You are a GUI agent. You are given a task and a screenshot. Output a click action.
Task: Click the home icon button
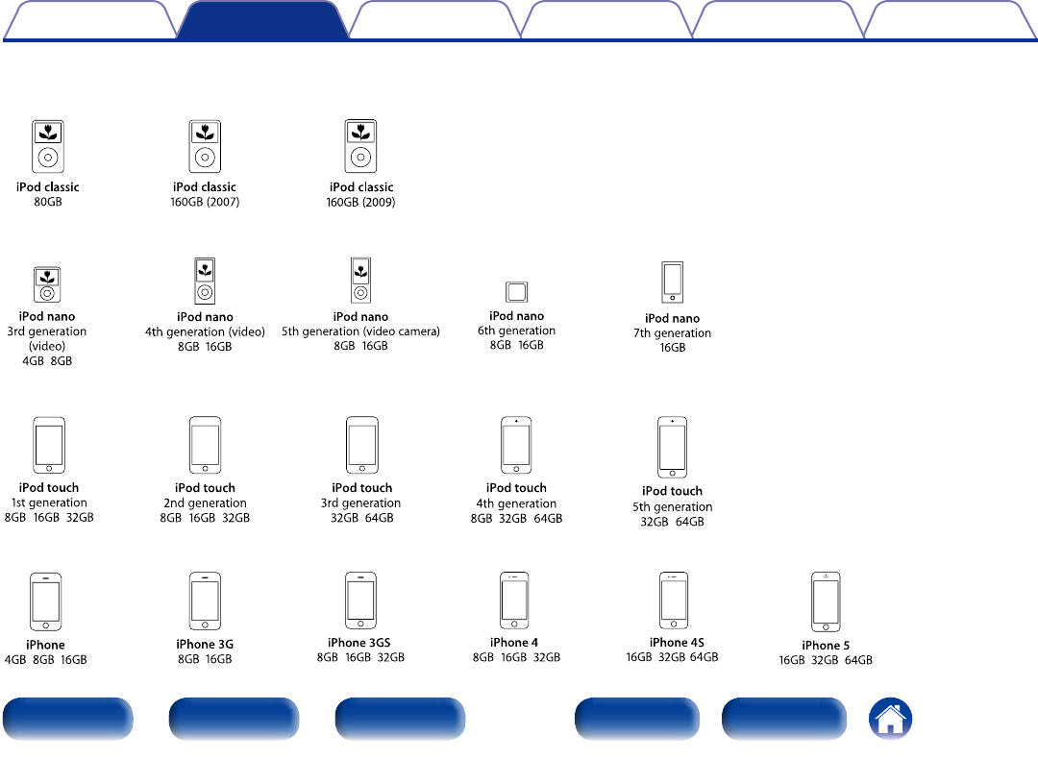pyautogui.click(x=891, y=719)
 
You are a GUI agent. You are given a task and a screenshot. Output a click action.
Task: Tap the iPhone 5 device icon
pyautogui.click(x=826, y=602)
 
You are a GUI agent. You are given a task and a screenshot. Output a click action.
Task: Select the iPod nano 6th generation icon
pyautogui.click(x=517, y=292)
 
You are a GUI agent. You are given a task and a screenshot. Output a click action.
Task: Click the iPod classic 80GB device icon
pyautogui.click(x=48, y=146)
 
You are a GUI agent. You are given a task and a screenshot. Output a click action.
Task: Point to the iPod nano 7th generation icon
pyautogui.click(x=673, y=282)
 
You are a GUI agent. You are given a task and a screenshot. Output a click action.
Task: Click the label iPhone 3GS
pyautogui.click(x=358, y=643)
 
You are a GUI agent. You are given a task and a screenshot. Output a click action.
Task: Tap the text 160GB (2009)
pyautogui.click(x=361, y=203)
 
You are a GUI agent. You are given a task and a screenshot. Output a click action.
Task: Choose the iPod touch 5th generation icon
pyautogui.click(x=673, y=447)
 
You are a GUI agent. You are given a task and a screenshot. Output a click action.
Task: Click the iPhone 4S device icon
pyautogui.click(x=674, y=601)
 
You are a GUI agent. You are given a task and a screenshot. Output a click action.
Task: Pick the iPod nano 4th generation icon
pyautogui.click(x=204, y=281)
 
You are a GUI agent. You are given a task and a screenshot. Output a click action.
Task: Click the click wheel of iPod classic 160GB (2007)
pyautogui.click(x=204, y=157)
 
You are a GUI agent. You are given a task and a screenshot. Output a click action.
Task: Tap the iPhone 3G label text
pyautogui.click(x=205, y=645)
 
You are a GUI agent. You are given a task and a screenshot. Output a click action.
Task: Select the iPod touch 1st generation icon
pyautogui.click(x=49, y=445)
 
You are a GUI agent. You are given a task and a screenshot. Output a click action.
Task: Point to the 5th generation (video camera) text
pyautogui.click(x=360, y=331)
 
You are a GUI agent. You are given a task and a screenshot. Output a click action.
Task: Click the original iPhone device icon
pyautogui.click(x=46, y=601)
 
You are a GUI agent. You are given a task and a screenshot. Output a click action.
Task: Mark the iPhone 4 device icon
pyautogui.click(x=514, y=601)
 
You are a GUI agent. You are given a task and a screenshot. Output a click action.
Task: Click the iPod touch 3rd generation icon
pyautogui.click(x=361, y=445)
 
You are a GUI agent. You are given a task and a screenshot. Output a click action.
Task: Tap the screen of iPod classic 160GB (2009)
pyautogui.click(x=360, y=134)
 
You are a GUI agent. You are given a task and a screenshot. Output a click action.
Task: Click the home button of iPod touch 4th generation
pyautogui.click(x=516, y=467)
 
